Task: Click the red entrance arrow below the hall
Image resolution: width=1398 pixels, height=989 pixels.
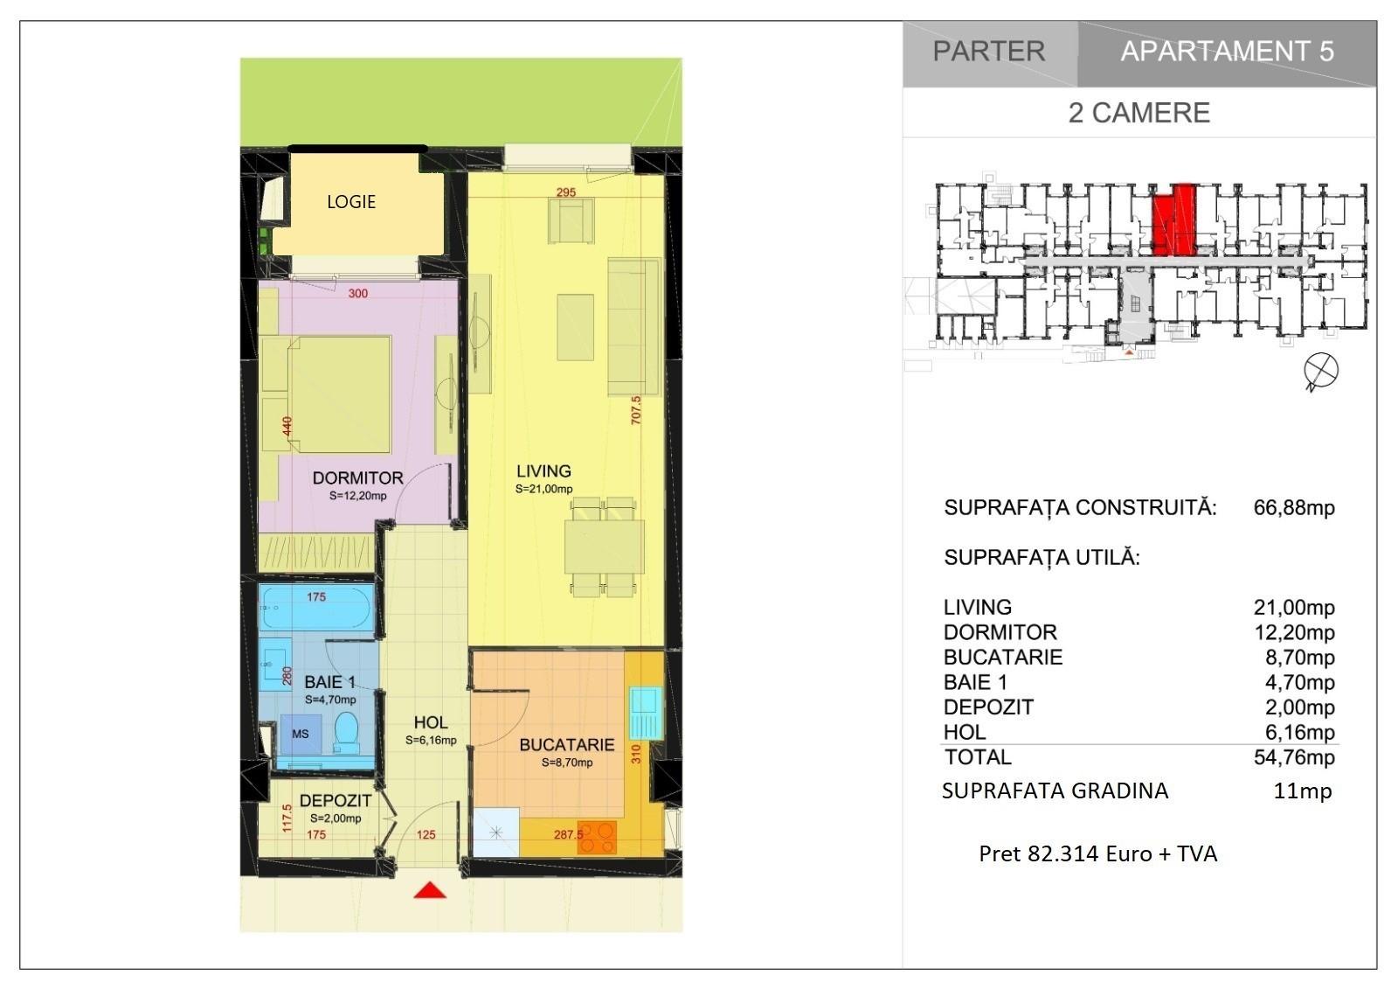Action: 430,890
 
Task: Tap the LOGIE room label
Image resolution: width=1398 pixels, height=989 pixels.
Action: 351,202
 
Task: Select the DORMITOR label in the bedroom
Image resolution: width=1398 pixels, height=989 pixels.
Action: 357,478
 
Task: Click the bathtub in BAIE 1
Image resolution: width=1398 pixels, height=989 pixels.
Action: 316,607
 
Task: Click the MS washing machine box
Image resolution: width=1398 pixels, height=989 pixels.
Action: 301,734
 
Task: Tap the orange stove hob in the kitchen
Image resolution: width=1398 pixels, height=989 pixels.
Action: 597,837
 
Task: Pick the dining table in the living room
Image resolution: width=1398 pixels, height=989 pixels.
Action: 604,547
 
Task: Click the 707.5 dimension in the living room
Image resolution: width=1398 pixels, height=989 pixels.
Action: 635,410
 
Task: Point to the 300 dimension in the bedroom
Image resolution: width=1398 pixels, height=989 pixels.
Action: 357,293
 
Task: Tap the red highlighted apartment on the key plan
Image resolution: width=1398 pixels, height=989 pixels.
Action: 1173,219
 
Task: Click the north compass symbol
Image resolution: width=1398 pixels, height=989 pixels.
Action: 1320,371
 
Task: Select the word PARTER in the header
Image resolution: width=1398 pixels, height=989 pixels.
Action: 989,52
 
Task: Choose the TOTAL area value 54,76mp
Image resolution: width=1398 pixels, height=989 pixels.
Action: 1294,757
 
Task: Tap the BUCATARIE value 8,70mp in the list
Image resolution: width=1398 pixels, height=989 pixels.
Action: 1299,658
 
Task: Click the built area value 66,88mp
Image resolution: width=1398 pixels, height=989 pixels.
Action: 1294,507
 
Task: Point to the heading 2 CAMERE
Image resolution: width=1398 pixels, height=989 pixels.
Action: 1139,113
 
